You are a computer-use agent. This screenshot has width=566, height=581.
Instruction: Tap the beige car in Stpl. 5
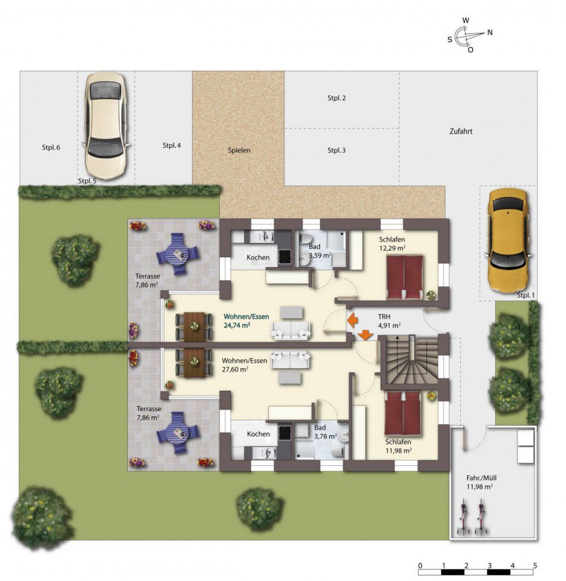pyautogui.click(x=106, y=126)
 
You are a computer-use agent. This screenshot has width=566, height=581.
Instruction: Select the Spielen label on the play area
pyautogui.click(x=239, y=150)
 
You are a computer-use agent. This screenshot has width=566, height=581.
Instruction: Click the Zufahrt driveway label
pyautogui.click(x=461, y=131)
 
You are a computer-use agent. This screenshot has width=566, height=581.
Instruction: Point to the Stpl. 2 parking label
pyautogui.click(x=337, y=98)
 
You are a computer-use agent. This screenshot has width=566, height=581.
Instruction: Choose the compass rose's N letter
pyautogui.click(x=490, y=33)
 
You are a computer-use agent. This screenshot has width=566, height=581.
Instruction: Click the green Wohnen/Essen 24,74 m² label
pyautogui.click(x=246, y=321)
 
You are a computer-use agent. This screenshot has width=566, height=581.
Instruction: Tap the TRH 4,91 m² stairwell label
pyautogui.click(x=389, y=321)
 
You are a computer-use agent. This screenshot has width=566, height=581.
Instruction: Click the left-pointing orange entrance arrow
pyautogui.click(x=353, y=320)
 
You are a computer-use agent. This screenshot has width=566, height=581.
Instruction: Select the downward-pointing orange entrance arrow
pyautogui.click(x=365, y=335)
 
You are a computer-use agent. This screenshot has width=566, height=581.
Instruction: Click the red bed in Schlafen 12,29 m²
pyautogui.click(x=405, y=277)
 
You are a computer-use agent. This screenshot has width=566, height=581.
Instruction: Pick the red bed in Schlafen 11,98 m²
pyautogui.click(x=402, y=413)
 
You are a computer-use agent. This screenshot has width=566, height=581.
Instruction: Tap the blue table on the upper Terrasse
pyautogui.click(x=178, y=254)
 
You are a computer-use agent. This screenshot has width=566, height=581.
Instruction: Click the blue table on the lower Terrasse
pyautogui.click(x=178, y=433)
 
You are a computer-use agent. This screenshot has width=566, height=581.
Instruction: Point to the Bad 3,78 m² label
pyautogui.click(x=325, y=432)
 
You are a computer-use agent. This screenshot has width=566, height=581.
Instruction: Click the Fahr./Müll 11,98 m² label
pyautogui.click(x=481, y=483)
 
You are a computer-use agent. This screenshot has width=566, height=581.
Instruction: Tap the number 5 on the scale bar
pyautogui.click(x=535, y=566)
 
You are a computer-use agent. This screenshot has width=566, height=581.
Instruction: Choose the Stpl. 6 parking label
pyautogui.click(x=50, y=148)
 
